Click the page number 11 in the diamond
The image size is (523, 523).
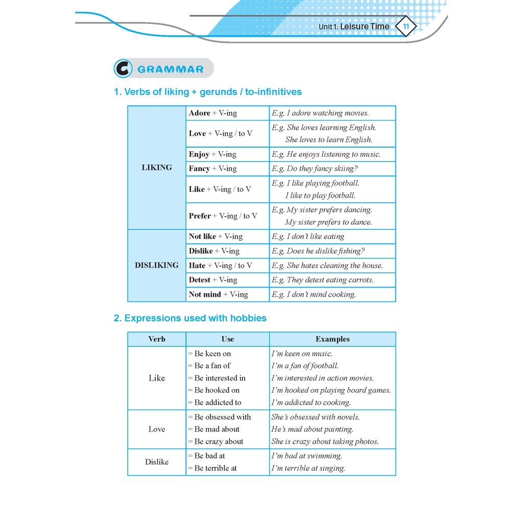point(406,27)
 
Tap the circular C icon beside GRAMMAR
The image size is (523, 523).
point(123,69)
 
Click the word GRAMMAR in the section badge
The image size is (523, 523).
point(171,69)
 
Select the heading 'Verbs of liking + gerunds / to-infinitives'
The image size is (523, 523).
point(207,92)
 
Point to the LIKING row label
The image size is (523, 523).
point(157,168)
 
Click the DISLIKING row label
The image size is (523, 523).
point(157,266)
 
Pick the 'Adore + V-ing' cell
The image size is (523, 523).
point(213,113)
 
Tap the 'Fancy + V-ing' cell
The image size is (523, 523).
point(212,169)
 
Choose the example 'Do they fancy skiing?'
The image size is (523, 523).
point(315,169)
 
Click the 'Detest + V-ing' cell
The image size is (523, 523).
point(213,280)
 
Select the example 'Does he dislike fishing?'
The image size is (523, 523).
point(318,251)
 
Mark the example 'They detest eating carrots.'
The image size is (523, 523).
point(323,280)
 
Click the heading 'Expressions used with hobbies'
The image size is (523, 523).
point(190,318)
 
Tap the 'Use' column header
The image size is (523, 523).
point(228,339)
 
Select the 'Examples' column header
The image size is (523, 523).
point(332,339)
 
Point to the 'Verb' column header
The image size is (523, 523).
point(157,339)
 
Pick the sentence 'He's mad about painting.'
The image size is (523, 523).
point(313,430)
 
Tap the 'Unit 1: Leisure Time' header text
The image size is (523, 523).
point(353,27)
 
